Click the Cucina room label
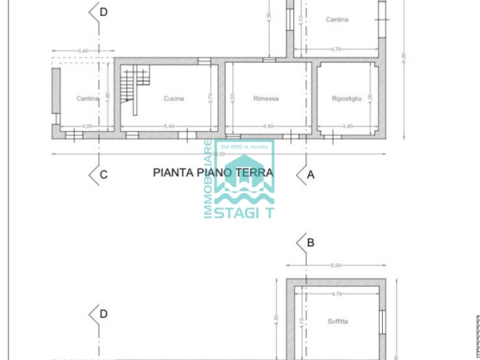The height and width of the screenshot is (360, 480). point(173,99)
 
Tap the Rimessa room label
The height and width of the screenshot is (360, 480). point(266,99)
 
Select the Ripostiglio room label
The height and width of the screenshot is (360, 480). point(347,99)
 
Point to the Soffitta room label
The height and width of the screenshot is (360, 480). point(338,322)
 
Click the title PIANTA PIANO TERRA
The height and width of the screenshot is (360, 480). point(213,173)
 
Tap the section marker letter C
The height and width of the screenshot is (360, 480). point(104,175)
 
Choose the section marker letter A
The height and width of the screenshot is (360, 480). point(311,175)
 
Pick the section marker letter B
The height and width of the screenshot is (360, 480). point(311,243)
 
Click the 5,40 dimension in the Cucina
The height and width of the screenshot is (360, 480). point(169,126)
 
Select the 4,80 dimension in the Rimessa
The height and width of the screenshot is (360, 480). point(268,126)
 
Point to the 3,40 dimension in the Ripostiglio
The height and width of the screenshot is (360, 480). point(347,126)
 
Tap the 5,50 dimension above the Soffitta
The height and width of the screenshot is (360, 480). point(335,265)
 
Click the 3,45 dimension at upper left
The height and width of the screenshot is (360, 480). point(83,51)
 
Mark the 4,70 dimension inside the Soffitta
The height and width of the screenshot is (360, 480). point(337,294)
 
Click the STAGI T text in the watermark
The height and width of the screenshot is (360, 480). point(244,212)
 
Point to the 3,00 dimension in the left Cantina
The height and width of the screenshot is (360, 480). point(87,126)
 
